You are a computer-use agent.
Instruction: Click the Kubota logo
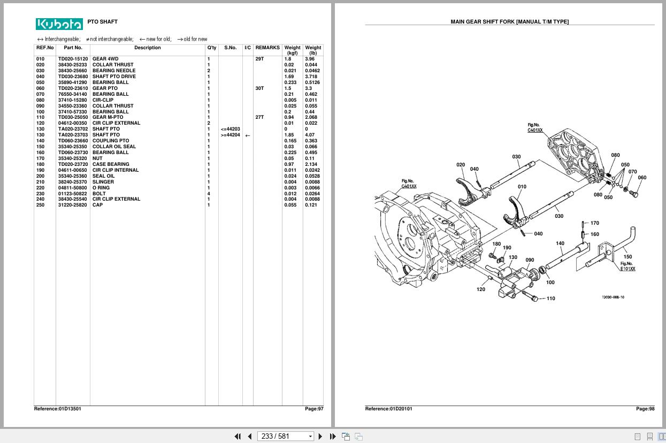pos(59,24)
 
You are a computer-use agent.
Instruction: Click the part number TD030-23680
pos(73,77)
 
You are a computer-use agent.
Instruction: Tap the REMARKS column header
pos(267,48)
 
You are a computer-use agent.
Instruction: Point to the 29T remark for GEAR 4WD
pos(259,59)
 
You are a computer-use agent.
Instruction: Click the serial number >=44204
pos(230,135)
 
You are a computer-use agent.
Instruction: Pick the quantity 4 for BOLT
pos(209,194)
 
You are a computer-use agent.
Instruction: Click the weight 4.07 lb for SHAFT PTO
pos(310,135)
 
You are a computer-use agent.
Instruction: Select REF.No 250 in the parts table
pos(40,205)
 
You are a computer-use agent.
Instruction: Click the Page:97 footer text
pos(314,409)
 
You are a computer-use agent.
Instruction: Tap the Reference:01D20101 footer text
pos(388,409)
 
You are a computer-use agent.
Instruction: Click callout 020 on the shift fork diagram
pos(461,165)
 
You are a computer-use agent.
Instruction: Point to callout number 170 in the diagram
pos(595,223)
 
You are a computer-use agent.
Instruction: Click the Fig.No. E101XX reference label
pos(627,266)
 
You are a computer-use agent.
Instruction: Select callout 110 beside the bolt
pos(550,298)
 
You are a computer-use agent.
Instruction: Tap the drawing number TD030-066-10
pos(613,297)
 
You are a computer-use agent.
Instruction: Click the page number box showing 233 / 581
pos(285,436)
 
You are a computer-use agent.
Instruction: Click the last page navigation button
pos(333,436)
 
